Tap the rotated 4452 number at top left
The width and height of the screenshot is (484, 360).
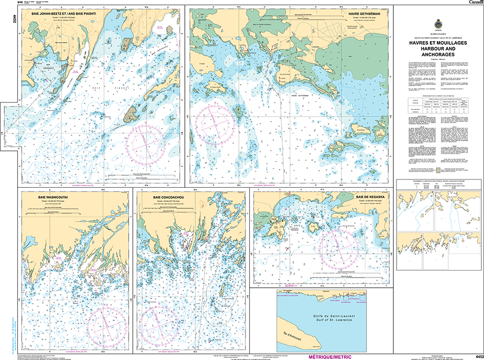[x=5, y=19]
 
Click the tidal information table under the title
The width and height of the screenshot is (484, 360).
[x=438, y=106]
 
